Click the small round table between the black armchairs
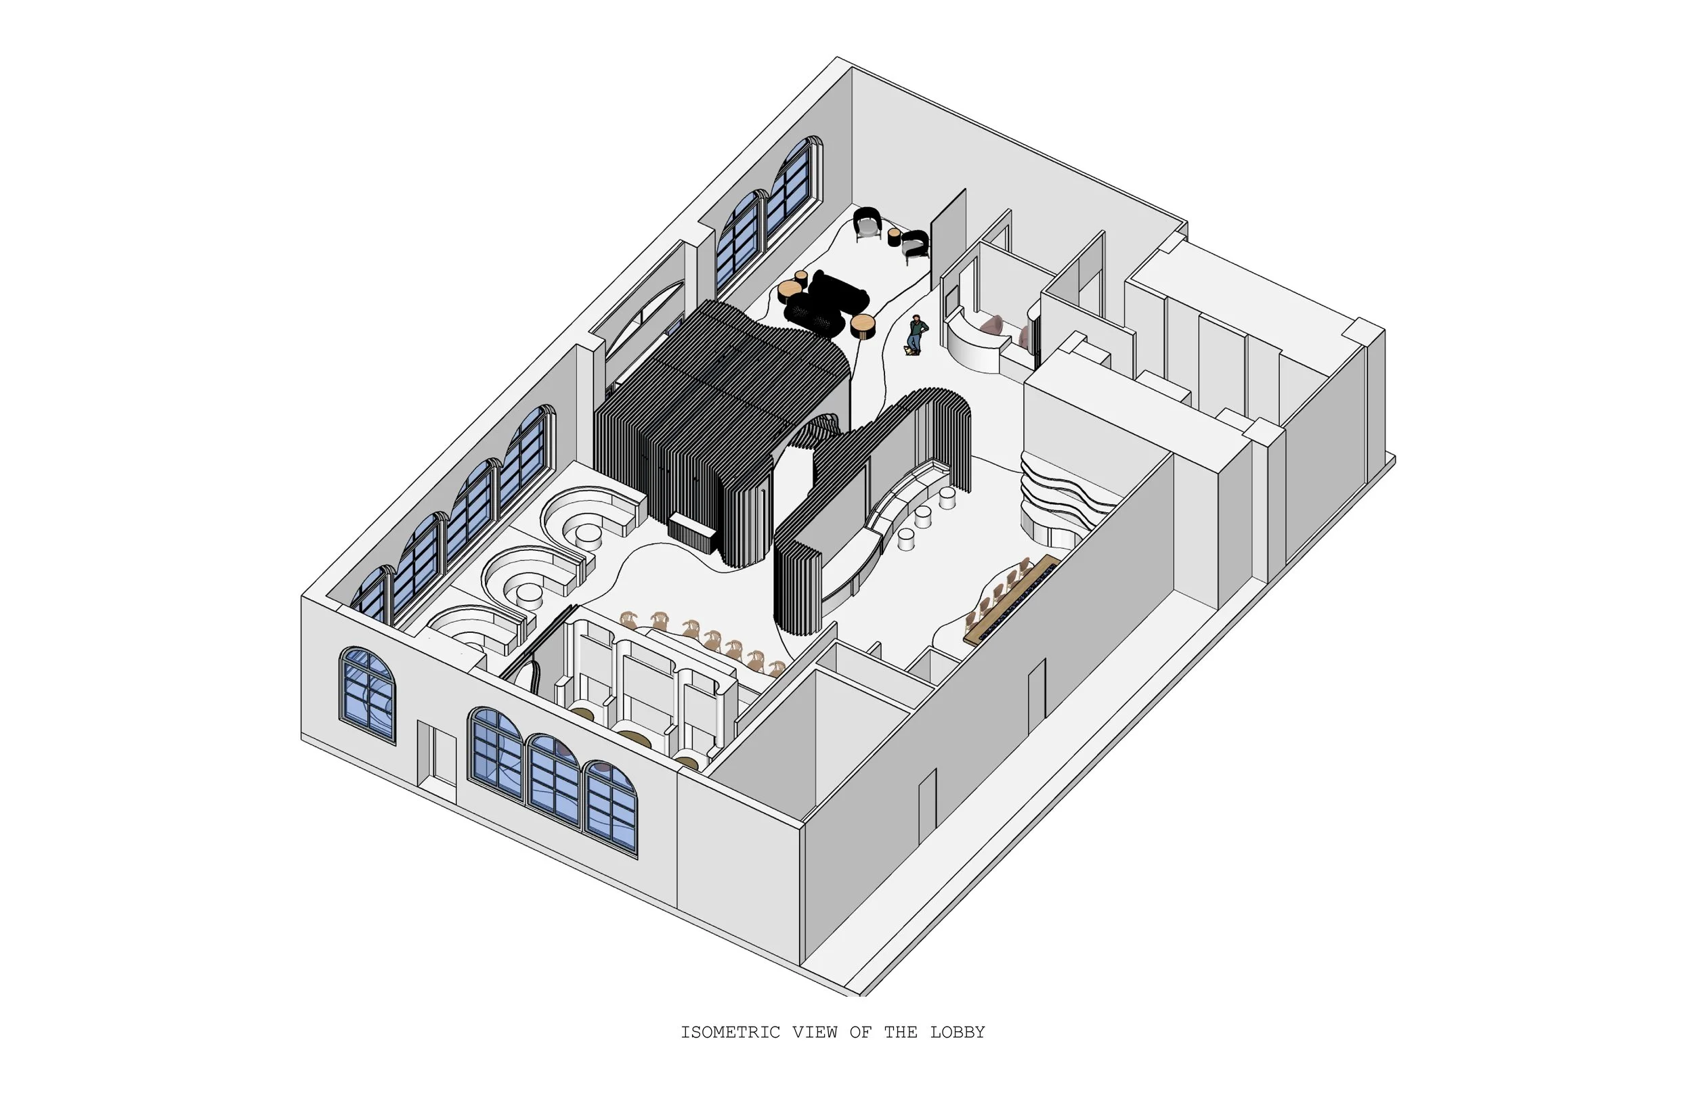tap(894, 237)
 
